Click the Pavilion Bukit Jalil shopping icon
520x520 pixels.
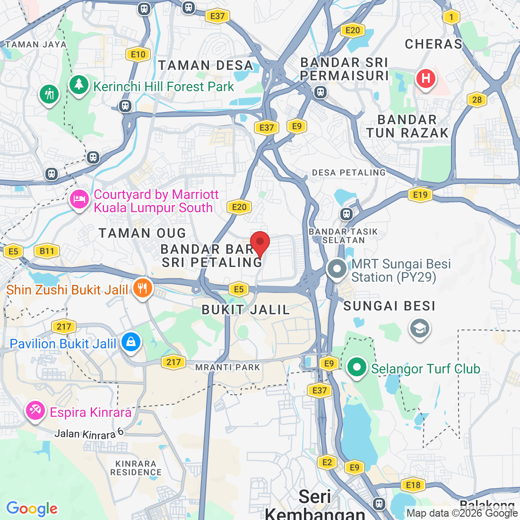(131, 342)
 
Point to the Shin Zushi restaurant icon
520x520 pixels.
(142, 288)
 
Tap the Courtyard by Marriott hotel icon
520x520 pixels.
(79, 200)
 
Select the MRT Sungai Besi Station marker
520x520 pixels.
(337, 269)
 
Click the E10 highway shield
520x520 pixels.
(138, 54)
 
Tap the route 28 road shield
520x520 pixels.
(477, 99)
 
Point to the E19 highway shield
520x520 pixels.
(420, 195)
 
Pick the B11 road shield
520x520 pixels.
(47, 251)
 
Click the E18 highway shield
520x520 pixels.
(413, 485)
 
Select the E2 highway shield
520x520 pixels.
(327, 462)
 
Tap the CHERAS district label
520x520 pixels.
(433, 44)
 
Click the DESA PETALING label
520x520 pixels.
(349, 173)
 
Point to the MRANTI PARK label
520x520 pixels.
(228, 367)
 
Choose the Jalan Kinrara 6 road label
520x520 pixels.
(89, 433)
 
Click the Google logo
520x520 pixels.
(32, 509)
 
